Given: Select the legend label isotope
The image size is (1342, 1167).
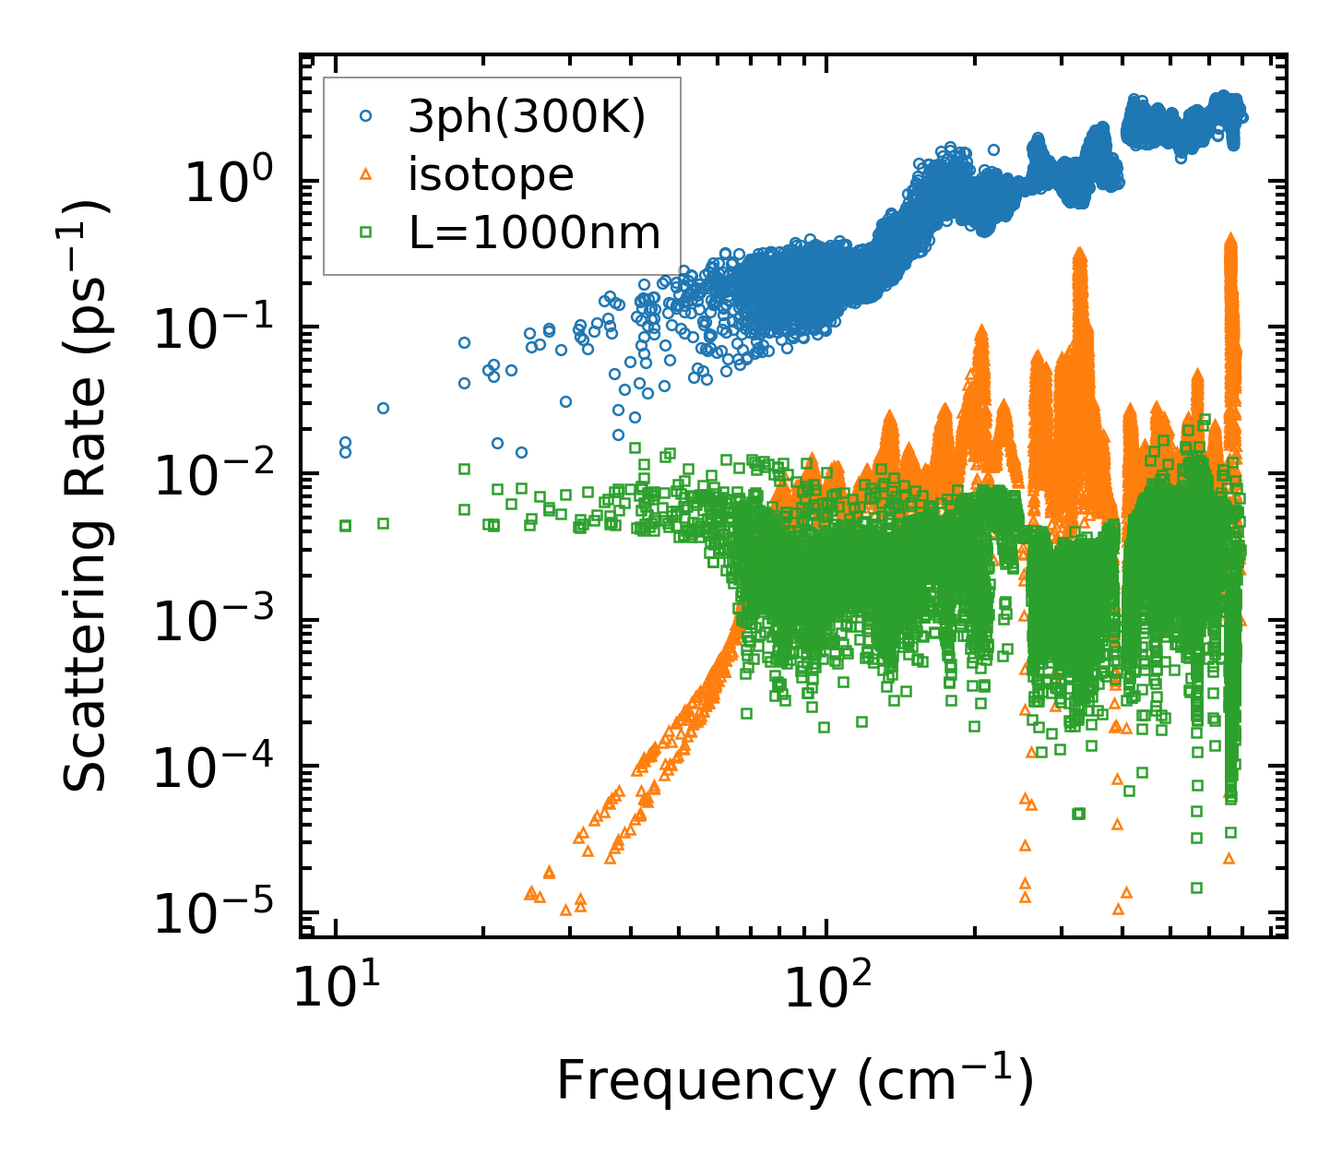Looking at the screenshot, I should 491,174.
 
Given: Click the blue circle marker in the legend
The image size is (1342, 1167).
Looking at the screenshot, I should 365,116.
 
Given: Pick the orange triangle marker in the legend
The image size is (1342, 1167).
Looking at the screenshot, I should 365,174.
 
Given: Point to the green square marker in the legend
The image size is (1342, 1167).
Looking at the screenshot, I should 365,233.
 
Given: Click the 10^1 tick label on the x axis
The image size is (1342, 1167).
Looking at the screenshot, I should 336,990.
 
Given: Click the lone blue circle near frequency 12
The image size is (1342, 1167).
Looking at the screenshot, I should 383,408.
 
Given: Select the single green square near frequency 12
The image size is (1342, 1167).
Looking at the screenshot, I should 383,523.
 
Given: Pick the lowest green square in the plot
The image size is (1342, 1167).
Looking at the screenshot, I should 1196,887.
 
